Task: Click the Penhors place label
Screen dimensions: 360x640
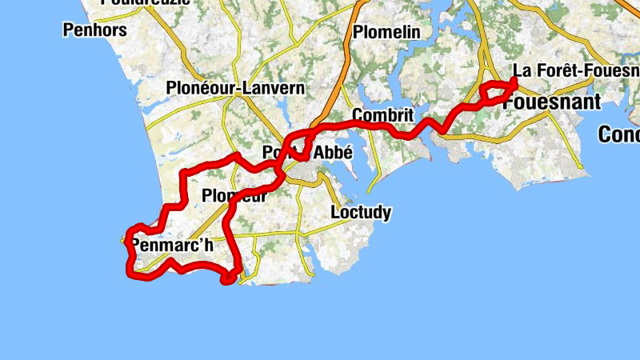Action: [94, 30]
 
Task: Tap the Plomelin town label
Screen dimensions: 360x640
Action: [386, 33]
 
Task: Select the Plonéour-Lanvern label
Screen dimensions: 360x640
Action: [235, 88]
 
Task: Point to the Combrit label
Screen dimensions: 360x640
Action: [382, 115]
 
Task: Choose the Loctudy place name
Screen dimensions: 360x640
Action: [361, 212]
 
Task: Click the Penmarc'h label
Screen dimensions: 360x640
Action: [171, 245]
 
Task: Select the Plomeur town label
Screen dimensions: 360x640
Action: [234, 195]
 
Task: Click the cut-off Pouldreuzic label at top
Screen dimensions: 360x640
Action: [146, 2]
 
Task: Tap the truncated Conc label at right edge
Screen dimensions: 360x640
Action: [619, 135]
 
